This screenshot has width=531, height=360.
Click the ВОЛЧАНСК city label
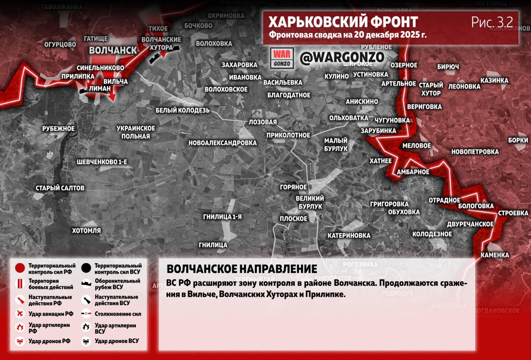113,50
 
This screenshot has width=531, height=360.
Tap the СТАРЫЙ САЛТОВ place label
60,188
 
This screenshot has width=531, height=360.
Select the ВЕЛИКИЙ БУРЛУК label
310,202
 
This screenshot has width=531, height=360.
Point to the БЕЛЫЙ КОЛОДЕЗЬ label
183,110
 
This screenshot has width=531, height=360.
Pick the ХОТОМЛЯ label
86,230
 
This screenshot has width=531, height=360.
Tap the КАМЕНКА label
495,255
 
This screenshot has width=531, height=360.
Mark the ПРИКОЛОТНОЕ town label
288,135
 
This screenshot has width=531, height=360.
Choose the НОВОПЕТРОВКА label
475,152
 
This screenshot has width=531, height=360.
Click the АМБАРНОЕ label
413,172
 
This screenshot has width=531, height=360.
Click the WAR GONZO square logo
282,58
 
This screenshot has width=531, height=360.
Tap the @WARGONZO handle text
342,58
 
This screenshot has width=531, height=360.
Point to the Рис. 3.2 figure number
492,22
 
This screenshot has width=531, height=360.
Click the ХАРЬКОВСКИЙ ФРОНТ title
343,22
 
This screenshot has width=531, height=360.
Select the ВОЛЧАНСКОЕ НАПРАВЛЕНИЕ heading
241,268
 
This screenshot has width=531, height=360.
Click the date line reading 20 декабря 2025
347,35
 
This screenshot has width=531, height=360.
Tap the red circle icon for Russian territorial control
19,268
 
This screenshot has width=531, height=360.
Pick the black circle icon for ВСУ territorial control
86,268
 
